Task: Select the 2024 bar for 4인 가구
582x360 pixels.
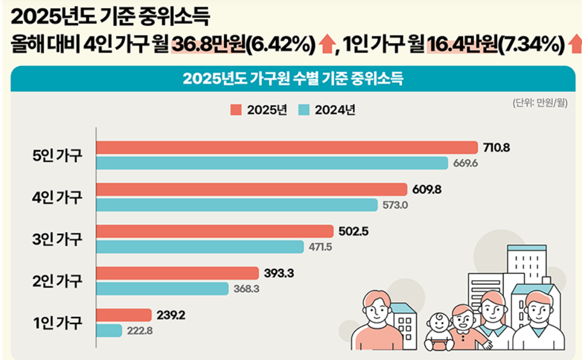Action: click(237, 205)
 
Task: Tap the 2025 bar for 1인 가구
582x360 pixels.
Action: click(124, 316)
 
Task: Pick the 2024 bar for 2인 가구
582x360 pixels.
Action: click(162, 289)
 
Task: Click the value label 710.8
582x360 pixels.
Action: click(497, 148)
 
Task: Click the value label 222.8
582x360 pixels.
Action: click(139, 331)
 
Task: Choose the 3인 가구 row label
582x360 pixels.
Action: click(57, 239)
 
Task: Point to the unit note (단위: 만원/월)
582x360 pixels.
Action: click(540, 103)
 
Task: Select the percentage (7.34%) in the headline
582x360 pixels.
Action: click(530, 44)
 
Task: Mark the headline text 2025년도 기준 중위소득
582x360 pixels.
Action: click(110, 17)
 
